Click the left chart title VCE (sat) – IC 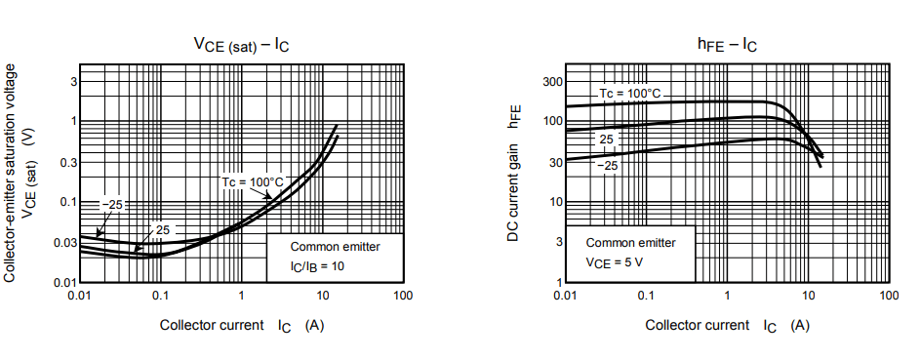point(241,45)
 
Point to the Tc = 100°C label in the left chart point(252,181)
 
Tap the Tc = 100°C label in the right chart point(629,93)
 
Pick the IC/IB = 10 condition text point(316,265)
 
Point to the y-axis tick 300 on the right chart point(552,81)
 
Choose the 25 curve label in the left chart point(162,230)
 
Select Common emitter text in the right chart point(630,242)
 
